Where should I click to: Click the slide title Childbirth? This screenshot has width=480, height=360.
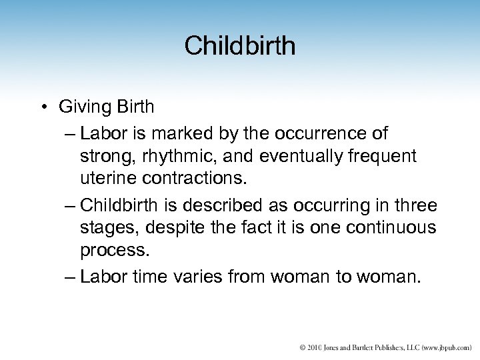coord(240,46)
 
